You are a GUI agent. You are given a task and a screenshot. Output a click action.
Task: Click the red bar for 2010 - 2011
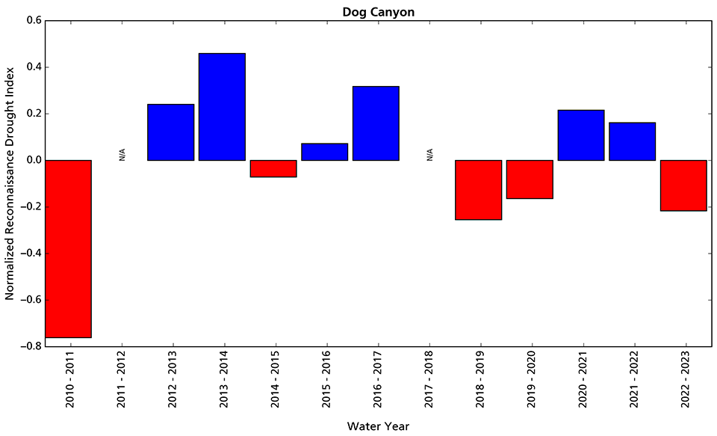[x=69, y=249]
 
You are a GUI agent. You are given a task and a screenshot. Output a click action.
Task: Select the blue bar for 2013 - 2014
[x=222, y=107]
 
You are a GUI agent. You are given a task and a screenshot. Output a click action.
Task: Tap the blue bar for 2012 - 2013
[x=171, y=132]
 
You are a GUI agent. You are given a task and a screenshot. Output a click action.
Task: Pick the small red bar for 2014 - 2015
[x=273, y=168]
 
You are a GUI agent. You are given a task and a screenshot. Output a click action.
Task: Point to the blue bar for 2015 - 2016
[x=325, y=152]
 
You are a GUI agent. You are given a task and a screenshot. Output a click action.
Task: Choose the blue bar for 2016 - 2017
[x=376, y=123]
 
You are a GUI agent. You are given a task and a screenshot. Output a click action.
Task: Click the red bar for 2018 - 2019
[x=478, y=190]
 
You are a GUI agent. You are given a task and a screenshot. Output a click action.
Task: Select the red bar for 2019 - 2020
[x=530, y=179]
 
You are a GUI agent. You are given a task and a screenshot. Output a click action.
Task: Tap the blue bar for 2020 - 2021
[x=581, y=135]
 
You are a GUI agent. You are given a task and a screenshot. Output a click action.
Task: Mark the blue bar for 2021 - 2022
[x=632, y=141]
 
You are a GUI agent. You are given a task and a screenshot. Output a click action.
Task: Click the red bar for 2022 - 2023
[x=683, y=185]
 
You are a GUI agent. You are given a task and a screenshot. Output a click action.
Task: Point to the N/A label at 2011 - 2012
[x=121, y=155]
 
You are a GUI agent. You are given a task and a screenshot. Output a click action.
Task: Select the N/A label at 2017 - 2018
[x=429, y=155]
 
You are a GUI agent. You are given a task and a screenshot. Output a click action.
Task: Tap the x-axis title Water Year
[x=377, y=426]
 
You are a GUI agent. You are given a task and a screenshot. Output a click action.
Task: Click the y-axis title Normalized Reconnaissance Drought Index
[x=10, y=183]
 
